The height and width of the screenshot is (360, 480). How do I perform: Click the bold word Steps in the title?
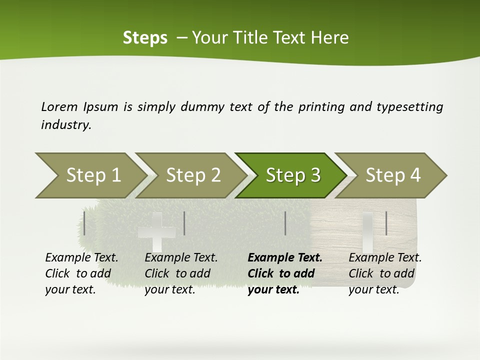[145, 37]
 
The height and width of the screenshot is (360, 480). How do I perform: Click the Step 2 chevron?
[190, 175]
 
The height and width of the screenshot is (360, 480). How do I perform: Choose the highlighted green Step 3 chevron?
[291, 175]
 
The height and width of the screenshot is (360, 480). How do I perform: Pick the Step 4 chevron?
[391, 175]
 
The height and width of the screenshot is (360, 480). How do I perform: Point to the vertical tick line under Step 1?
[84, 223]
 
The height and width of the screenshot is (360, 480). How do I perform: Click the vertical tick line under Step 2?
[184, 223]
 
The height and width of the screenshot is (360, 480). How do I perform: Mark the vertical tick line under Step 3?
[285, 223]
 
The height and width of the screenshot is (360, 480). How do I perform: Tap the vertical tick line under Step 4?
[386, 223]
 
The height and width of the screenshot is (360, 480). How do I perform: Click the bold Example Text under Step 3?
[285, 258]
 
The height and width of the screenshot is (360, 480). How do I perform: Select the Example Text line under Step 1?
[81, 258]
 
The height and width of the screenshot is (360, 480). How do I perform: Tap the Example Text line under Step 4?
[385, 258]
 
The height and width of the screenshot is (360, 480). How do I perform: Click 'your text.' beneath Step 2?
[169, 290]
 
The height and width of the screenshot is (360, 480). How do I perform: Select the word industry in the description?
[65, 125]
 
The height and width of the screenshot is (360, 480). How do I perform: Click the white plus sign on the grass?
[156, 232]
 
